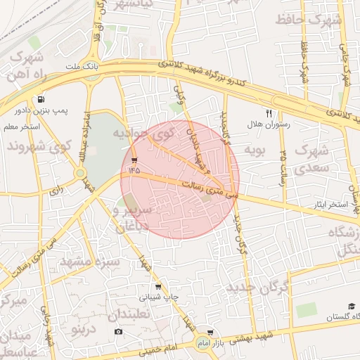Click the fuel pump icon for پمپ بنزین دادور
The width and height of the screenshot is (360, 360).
click(42, 99)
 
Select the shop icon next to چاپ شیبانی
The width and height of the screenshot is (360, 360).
click(158, 286)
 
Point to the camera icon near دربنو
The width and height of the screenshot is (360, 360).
click(117, 331)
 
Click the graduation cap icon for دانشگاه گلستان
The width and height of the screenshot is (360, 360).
click(350, 306)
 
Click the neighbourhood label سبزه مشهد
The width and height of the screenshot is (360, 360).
click(89, 262)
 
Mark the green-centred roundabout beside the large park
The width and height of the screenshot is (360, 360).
click(80, 172)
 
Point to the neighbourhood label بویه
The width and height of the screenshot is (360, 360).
click(254, 150)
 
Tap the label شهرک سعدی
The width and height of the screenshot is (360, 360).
click(312, 159)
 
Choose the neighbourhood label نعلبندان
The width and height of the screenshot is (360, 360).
click(144, 314)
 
